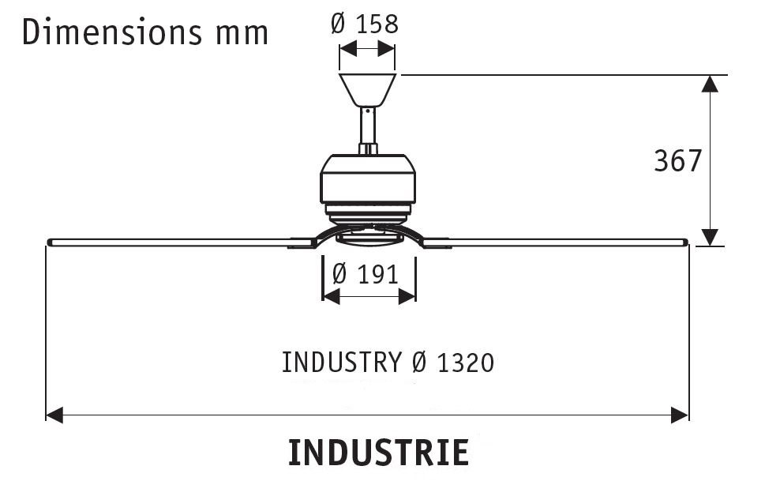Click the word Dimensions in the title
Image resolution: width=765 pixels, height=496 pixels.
click(100, 33)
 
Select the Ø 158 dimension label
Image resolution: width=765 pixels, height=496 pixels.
click(365, 24)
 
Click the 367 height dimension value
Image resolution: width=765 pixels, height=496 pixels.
click(677, 161)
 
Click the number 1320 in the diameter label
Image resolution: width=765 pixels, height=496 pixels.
click(465, 363)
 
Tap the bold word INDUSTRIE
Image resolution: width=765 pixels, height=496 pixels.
click(378, 453)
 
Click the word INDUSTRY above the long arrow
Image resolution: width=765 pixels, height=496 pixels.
click(341, 363)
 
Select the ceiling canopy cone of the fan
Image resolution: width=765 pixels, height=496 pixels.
click(367, 89)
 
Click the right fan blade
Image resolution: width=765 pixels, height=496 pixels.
click(568, 242)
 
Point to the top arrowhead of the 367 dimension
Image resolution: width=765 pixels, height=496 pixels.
click(711, 83)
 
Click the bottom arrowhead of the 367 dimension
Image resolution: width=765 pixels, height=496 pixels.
click(711, 237)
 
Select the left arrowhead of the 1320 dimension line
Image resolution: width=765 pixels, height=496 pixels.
click(54, 415)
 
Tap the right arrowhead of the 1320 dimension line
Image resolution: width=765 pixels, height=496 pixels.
click(681, 415)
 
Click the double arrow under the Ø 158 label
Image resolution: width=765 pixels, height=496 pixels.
click(367, 49)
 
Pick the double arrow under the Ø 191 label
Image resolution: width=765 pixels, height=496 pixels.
click(369, 296)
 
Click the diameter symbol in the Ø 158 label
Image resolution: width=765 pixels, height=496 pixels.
click(338, 24)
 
